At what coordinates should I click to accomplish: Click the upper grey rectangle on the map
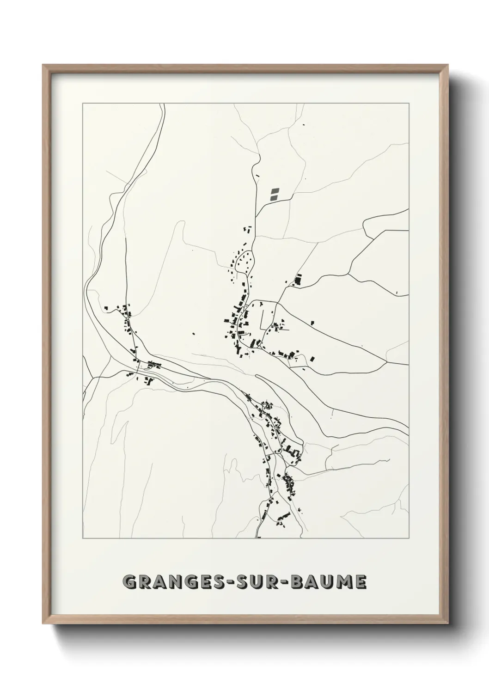pyautogui.click(x=275, y=190)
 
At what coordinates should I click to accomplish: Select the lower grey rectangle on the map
pyautogui.click(x=274, y=197)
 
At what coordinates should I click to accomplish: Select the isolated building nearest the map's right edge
pyautogui.click(x=397, y=292)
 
